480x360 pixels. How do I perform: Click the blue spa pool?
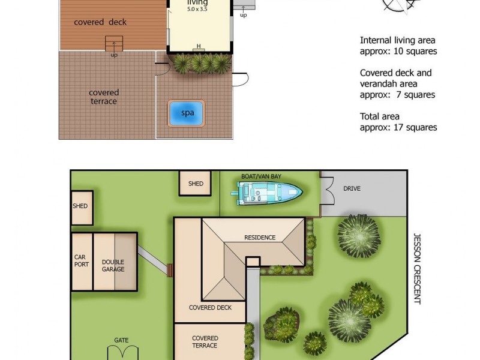[187, 112]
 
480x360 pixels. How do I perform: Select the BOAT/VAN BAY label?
[262, 176]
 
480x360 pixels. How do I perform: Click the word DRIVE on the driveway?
[352, 188]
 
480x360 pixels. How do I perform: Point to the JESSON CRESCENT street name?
[418, 268]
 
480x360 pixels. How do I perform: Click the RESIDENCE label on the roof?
[260, 238]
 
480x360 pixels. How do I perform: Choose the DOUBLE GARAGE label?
[113, 266]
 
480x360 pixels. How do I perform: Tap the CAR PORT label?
[80, 261]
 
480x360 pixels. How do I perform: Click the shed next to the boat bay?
[196, 184]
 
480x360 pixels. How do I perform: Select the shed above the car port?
[80, 206]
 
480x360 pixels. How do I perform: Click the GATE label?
[121, 340]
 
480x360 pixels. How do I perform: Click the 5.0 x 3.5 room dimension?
[199, 10]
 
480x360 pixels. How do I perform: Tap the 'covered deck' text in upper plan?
[100, 23]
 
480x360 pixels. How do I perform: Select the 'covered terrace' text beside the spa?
[104, 97]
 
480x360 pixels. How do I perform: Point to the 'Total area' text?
[380, 116]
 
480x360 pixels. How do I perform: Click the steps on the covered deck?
[114, 44]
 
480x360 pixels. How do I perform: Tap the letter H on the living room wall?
[199, 46]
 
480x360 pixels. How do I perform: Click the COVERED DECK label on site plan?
[209, 308]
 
